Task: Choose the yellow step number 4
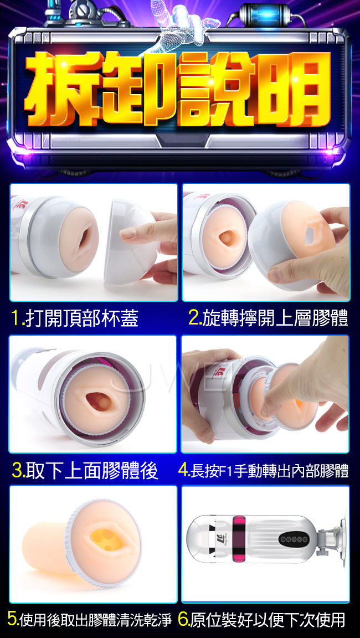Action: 183,470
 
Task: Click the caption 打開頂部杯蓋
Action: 81,318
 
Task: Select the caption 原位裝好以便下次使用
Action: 268,619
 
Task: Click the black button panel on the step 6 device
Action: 293,539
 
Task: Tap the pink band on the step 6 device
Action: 239,538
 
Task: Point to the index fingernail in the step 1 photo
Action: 128,233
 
